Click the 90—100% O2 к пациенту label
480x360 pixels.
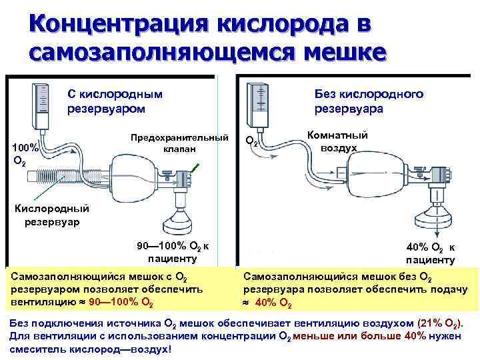[x=173, y=253]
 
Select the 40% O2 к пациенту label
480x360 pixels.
[x=430, y=253]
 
